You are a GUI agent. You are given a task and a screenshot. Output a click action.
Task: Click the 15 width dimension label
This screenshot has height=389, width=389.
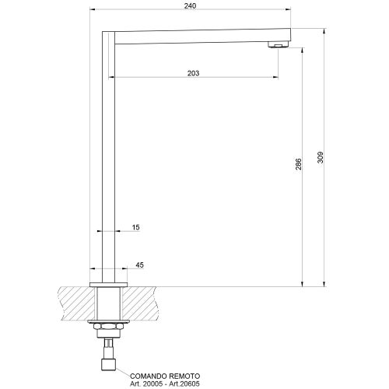click(x=136, y=227)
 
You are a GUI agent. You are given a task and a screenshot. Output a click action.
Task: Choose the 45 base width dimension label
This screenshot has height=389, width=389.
click(x=140, y=265)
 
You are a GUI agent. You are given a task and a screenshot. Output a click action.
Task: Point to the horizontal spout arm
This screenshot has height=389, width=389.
click(x=194, y=37)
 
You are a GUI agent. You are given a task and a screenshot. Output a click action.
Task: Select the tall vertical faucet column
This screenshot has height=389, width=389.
click(x=109, y=156)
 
